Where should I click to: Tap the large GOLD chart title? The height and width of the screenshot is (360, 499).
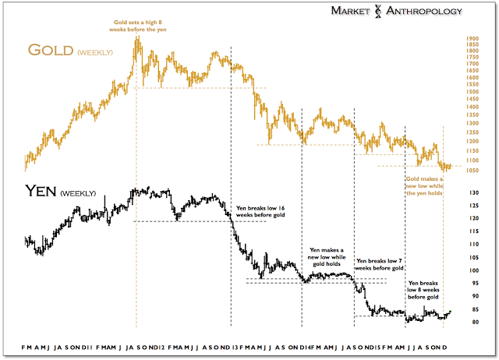pyautogui.click(x=50, y=51)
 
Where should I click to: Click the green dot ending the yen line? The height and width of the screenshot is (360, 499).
pyautogui.click(x=450, y=312)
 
